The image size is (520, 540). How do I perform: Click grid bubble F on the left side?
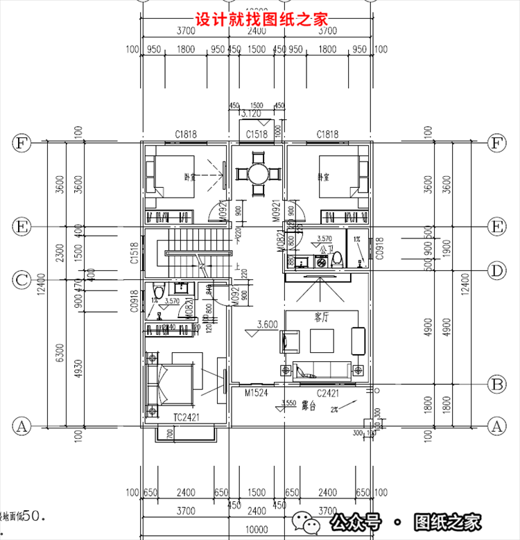[x=22, y=143]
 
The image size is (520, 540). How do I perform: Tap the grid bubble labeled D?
[x=496, y=270]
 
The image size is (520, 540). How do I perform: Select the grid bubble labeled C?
[x=22, y=280]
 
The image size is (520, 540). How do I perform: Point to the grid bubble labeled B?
[x=496, y=383]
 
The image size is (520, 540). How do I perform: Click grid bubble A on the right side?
[x=496, y=424]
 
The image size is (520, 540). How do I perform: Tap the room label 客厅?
[x=321, y=317]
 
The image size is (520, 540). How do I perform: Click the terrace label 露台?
[x=309, y=407]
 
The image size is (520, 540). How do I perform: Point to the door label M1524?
[x=257, y=393]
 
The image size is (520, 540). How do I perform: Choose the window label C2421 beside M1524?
[x=327, y=393]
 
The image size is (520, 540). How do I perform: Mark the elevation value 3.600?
[x=268, y=324]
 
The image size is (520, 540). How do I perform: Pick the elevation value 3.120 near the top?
[x=250, y=113]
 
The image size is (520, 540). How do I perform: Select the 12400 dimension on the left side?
[x=43, y=283]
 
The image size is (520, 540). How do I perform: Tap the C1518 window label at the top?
[x=257, y=134]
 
